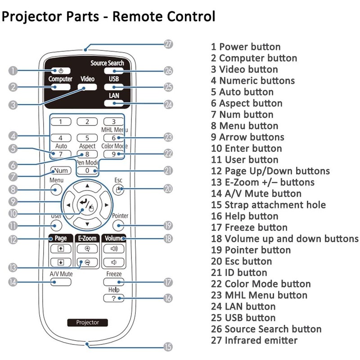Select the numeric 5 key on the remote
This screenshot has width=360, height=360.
coord(87,138)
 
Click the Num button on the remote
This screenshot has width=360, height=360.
coord(61,171)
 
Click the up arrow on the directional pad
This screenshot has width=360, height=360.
coord(87,185)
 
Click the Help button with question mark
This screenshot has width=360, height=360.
coord(113,298)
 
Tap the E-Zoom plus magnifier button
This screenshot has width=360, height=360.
coord(87,248)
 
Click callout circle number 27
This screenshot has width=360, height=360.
coord(168,44)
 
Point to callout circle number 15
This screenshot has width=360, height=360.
coord(168,346)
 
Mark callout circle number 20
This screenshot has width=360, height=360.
coord(168,189)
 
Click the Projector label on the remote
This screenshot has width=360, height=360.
coord(87,322)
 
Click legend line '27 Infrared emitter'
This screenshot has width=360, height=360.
coord(254,340)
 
